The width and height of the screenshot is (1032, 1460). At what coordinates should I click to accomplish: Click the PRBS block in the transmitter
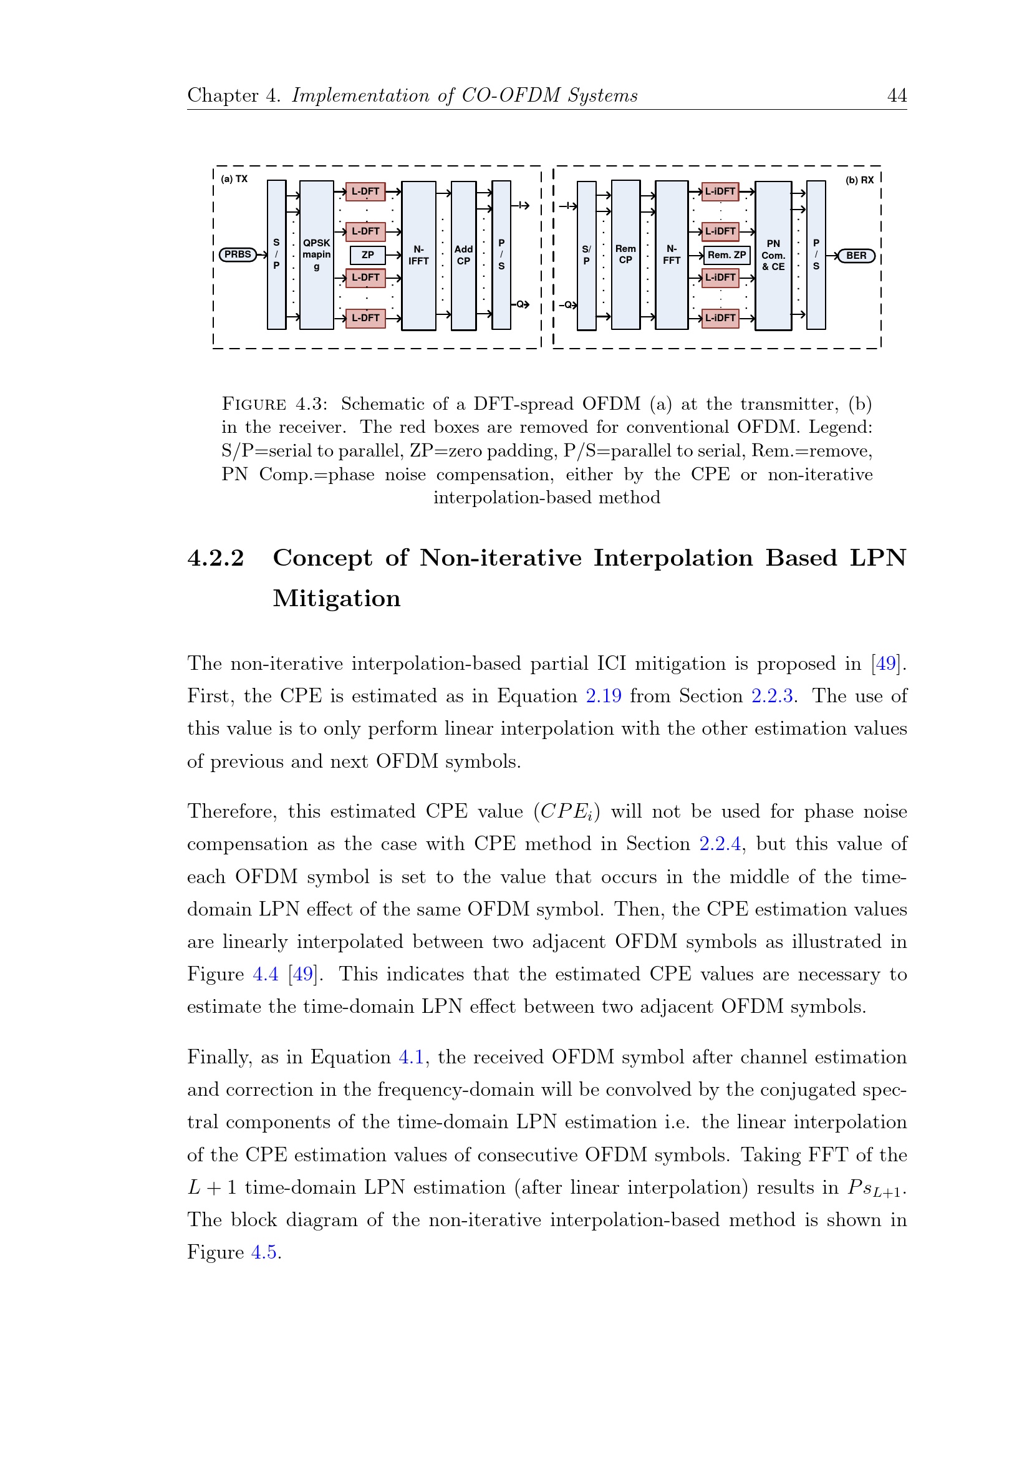pyautogui.click(x=237, y=254)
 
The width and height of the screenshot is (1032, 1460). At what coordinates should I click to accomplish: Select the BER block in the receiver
pyautogui.click(x=856, y=256)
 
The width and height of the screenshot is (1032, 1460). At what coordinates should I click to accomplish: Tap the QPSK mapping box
pyautogui.click(x=317, y=254)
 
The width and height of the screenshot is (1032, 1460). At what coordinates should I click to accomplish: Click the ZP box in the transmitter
pyautogui.click(x=367, y=255)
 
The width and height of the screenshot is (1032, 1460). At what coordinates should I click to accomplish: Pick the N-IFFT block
pyautogui.click(x=418, y=255)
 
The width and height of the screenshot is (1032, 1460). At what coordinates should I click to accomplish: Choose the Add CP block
pyautogui.click(x=463, y=255)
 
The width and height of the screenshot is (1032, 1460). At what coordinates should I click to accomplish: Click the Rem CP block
pyautogui.click(x=625, y=254)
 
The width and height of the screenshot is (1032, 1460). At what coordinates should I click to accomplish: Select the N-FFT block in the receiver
pyautogui.click(x=672, y=254)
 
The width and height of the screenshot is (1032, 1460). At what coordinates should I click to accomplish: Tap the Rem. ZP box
pyautogui.click(x=727, y=255)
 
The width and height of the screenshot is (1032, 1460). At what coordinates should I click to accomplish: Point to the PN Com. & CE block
pyautogui.click(x=773, y=255)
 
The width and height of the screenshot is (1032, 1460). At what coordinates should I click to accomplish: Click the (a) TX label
pyautogui.click(x=234, y=180)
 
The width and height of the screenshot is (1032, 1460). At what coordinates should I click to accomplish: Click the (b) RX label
pyautogui.click(x=859, y=181)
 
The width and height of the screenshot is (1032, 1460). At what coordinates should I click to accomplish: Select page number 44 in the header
pyautogui.click(x=897, y=95)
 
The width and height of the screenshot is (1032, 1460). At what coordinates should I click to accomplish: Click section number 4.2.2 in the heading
pyautogui.click(x=216, y=558)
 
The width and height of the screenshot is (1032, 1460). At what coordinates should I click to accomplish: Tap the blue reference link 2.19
pyautogui.click(x=604, y=695)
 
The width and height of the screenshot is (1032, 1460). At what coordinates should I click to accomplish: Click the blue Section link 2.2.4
pyautogui.click(x=720, y=844)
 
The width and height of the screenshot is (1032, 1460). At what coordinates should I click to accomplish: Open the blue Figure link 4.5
pyautogui.click(x=264, y=1252)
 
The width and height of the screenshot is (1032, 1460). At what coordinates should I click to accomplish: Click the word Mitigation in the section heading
pyautogui.click(x=336, y=598)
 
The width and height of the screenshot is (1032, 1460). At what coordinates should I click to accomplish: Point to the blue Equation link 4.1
pyautogui.click(x=411, y=1057)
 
